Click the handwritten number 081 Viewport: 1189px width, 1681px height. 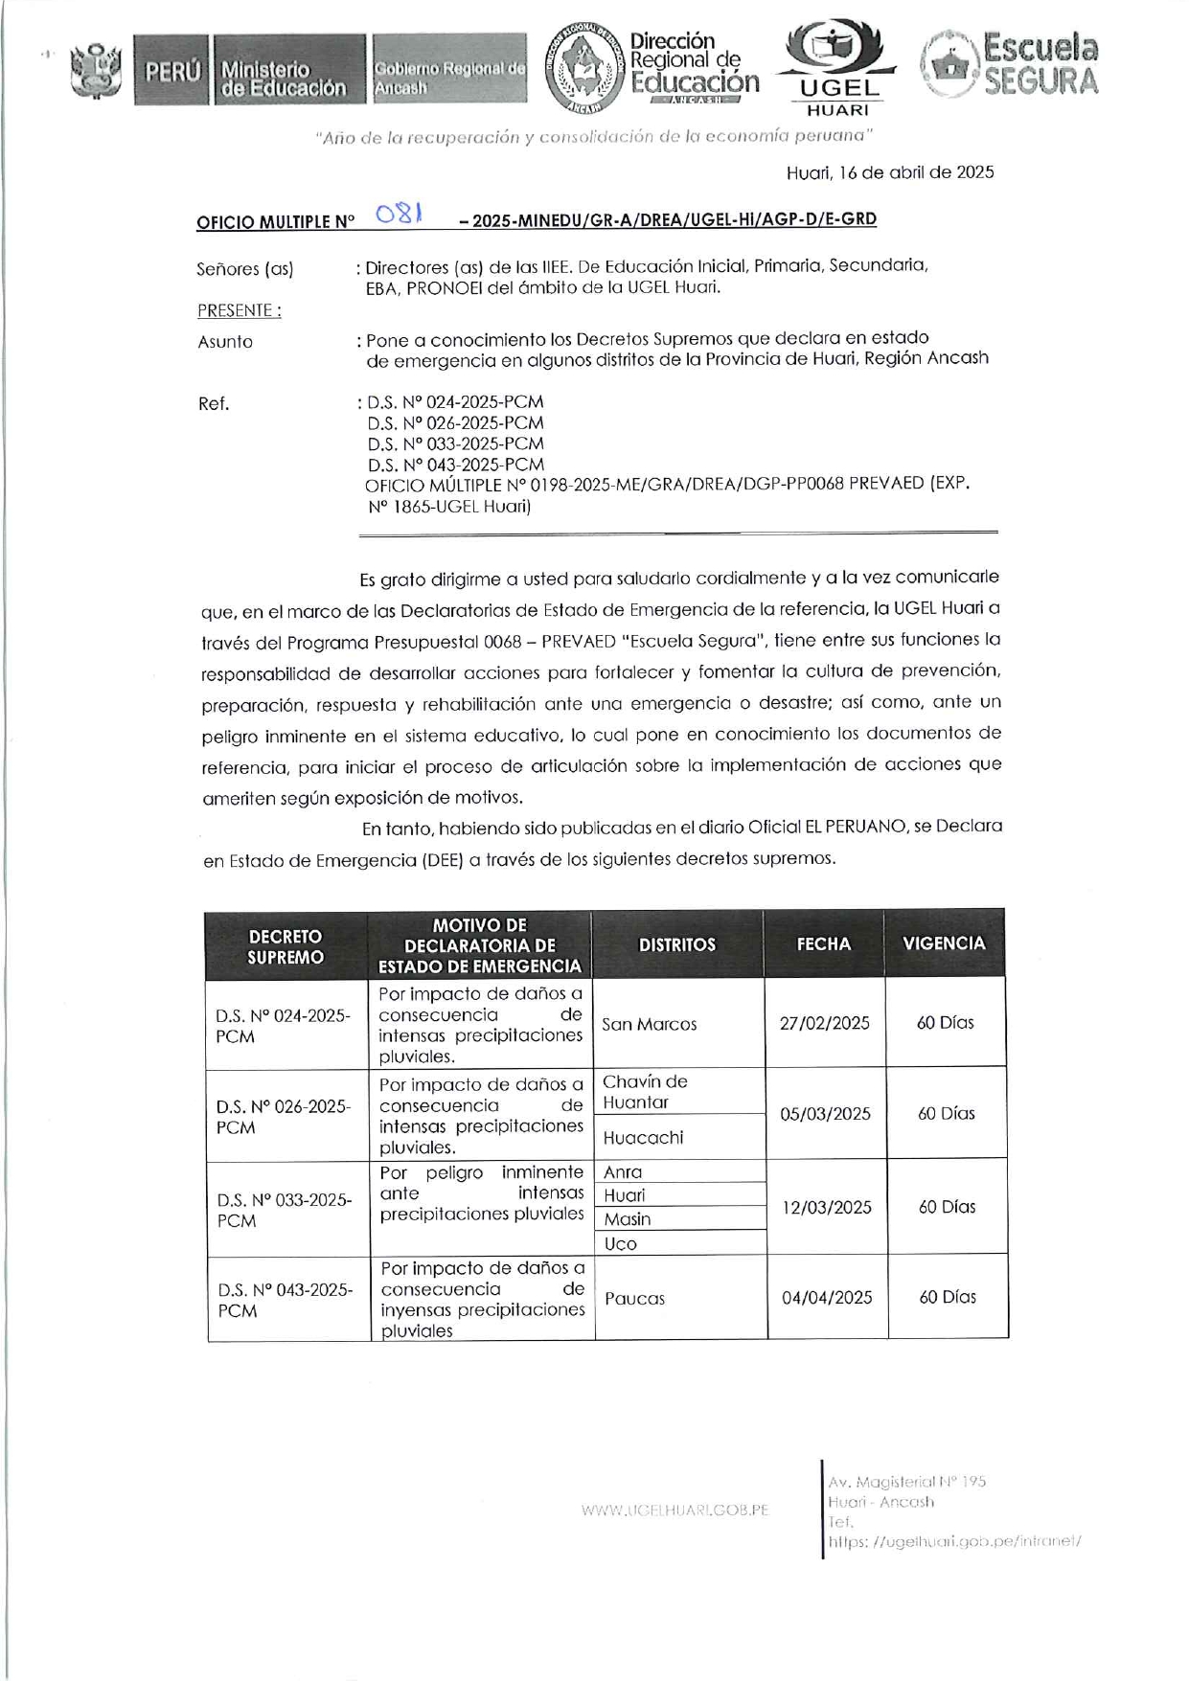[x=400, y=214]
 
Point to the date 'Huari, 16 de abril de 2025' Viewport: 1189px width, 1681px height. [x=889, y=172]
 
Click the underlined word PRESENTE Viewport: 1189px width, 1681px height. [x=239, y=310]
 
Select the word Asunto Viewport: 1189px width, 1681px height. [x=225, y=342]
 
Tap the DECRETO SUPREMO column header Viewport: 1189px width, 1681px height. [x=286, y=946]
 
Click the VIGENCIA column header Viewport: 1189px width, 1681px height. [x=944, y=943]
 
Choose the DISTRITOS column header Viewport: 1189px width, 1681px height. [x=677, y=944]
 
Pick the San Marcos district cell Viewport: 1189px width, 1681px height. [x=649, y=1024]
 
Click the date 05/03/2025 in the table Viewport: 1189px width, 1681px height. [x=825, y=1114]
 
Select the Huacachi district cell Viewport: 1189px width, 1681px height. [x=643, y=1138]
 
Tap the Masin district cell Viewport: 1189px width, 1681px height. [x=627, y=1219]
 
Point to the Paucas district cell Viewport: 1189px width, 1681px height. [x=634, y=1299]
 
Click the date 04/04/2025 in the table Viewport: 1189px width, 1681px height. [x=827, y=1298]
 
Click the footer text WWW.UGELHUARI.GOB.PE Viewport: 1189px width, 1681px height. [x=675, y=1510]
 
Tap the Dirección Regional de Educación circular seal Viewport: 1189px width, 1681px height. [x=583, y=70]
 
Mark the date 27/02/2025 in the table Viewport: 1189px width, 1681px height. [x=824, y=1023]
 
